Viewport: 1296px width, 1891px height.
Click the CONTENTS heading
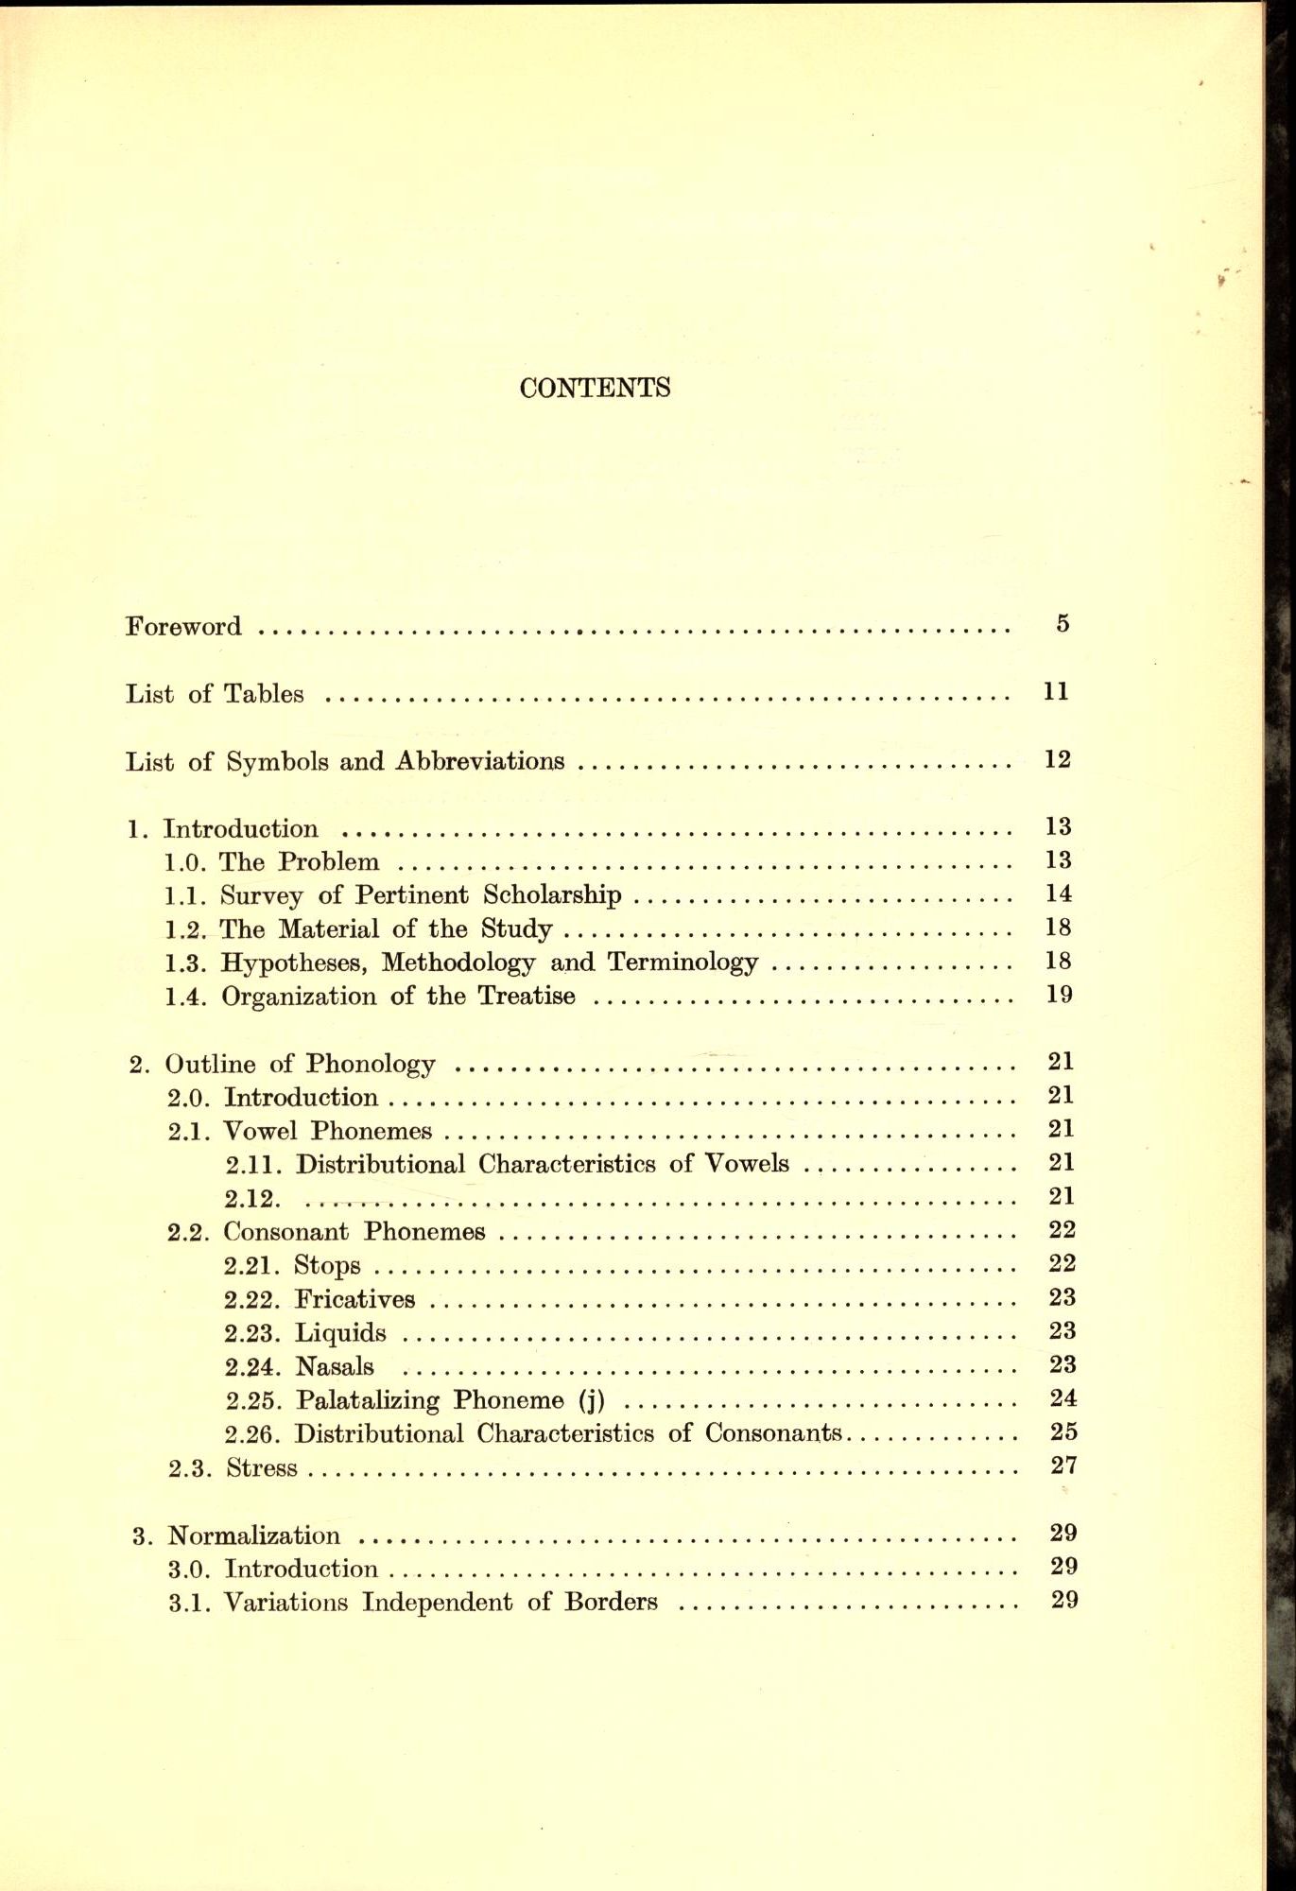(595, 388)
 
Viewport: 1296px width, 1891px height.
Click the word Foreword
(183, 627)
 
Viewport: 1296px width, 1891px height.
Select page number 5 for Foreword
(1063, 624)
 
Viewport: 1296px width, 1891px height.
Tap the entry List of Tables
(215, 694)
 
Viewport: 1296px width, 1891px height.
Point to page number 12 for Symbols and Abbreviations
(1057, 759)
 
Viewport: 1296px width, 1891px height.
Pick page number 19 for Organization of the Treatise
(1059, 995)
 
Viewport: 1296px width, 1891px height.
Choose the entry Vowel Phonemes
(327, 1131)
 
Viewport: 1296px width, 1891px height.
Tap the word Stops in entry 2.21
(327, 1266)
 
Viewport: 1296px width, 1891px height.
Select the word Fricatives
(354, 1299)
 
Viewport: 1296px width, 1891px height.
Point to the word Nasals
(335, 1367)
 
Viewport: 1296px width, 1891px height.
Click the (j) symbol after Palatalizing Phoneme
(591, 1400)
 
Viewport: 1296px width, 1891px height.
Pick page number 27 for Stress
(1063, 1466)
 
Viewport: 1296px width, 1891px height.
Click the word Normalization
(253, 1535)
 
